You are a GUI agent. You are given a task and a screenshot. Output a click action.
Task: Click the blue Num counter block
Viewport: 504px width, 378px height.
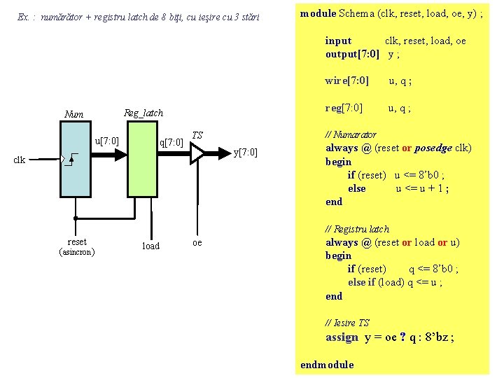tap(76, 159)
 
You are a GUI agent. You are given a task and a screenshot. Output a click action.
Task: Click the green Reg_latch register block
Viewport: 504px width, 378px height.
tap(142, 159)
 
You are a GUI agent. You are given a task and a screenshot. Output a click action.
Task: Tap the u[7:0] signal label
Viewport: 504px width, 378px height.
tap(106, 142)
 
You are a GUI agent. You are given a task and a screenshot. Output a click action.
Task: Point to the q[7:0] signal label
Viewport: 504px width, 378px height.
tap(171, 143)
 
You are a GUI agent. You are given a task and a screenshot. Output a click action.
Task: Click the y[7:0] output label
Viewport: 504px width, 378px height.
tap(245, 153)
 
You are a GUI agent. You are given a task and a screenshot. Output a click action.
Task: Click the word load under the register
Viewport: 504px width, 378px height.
tap(150, 246)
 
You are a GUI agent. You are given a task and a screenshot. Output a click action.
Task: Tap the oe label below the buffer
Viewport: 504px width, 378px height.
tap(197, 242)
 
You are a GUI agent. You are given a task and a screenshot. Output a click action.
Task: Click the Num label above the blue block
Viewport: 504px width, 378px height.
tap(73, 114)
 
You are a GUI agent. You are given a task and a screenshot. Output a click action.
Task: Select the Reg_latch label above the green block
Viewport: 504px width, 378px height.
tap(143, 113)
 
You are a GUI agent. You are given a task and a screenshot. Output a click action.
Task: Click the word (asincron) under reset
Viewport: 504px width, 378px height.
tap(77, 251)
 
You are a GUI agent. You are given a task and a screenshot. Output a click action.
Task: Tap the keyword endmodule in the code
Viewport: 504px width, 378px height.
tap(327, 365)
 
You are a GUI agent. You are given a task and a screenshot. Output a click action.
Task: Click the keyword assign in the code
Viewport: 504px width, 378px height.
tap(342, 337)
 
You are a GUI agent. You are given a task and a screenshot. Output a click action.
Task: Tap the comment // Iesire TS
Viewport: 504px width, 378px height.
tap(347, 323)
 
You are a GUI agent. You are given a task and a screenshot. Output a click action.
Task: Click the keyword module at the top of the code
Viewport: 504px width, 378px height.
tap(318, 13)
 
